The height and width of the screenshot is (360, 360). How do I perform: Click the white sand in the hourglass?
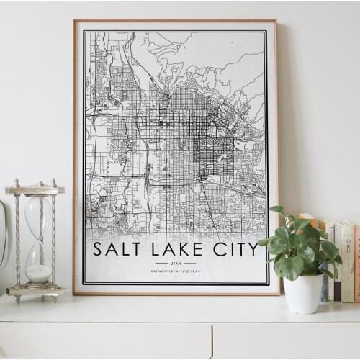39,273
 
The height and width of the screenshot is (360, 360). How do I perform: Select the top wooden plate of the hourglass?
35,190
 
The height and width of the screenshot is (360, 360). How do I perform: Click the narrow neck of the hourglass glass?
38,237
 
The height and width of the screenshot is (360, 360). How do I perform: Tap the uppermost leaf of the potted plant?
276,210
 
